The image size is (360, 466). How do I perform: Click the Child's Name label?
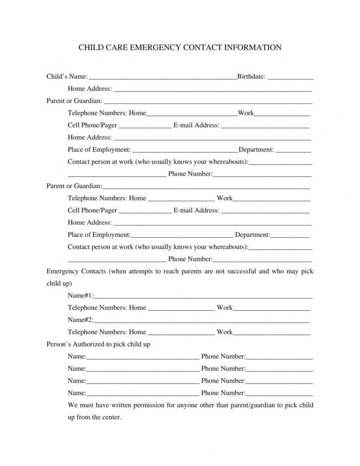pyautogui.click(x=67, y=76)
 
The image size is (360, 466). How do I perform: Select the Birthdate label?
pyautogui.click(x=251, y=76)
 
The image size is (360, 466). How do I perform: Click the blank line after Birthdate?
pyautogui.click(x=291, y=77)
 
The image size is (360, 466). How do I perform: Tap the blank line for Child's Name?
pyautogui.click(x=162, y=77)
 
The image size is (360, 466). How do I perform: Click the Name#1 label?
pyautogui.click(x=80, y=295)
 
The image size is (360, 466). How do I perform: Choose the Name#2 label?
pyautogui.click(x=80, y=320)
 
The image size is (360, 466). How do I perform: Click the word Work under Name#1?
pyautogui.click(x=225, y=308)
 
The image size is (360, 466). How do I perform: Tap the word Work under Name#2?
pyautogui.click(x=225, y=332)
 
